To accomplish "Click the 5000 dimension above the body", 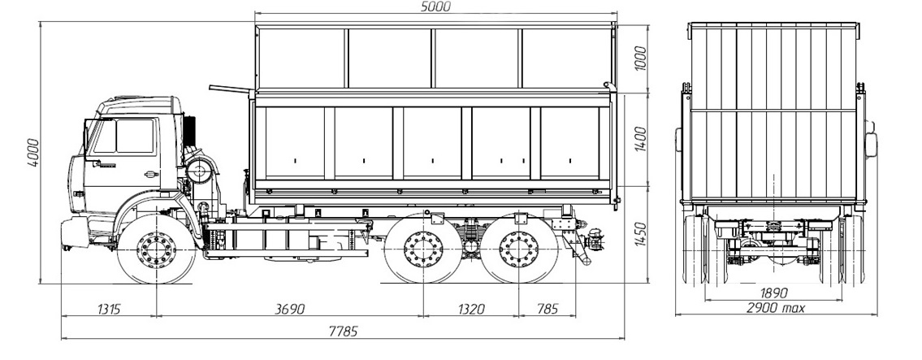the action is coord(435,7).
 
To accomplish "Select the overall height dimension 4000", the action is coord(32,152).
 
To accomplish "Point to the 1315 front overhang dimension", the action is coord(109,309).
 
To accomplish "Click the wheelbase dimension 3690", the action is coord(290,309).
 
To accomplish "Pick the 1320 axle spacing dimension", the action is coord(470,309).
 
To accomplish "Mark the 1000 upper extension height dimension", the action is coord(641,59).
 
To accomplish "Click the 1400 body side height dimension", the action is coord(641,139).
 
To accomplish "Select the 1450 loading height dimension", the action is coord(641,234).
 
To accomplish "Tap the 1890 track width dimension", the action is coord(774,293).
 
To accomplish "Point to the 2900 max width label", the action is coord(776,308).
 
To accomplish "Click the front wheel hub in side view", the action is coord(157,250).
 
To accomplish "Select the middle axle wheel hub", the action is coord(422,249).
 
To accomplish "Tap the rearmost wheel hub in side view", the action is coord(518,249).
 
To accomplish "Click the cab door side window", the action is coord(135,136).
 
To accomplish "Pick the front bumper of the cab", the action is coord(75,232).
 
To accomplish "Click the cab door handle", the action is coord(151,174).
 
